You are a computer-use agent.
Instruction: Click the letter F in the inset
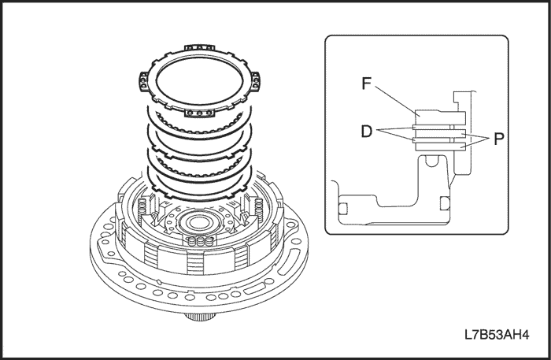pyautogui.click(x=366, y=83)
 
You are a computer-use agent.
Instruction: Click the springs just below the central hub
pyautogui.click(x=203, y=241)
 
